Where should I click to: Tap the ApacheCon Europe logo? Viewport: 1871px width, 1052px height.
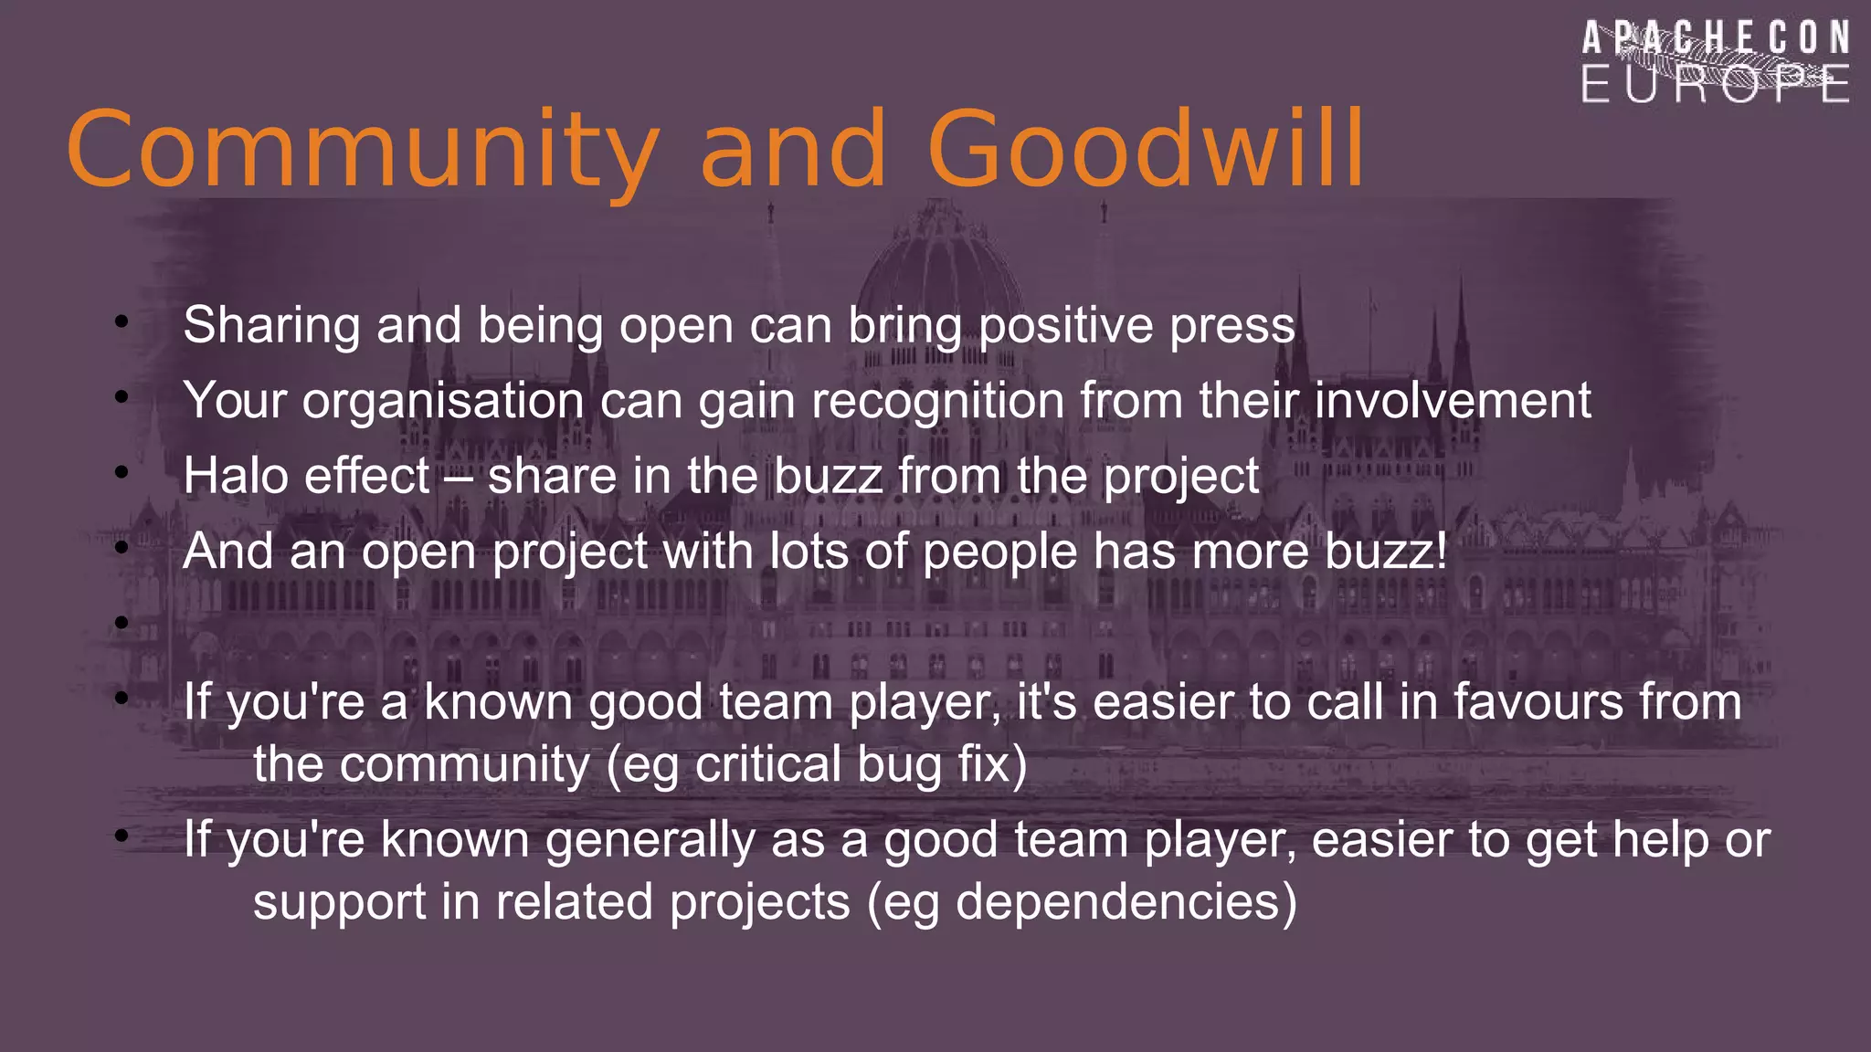tap(1716, 62)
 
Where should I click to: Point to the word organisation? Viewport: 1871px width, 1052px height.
tap(443, 402)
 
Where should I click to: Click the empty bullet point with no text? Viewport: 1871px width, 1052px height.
tap(122, 623)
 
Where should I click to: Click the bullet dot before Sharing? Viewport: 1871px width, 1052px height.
tap(122, 321)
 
